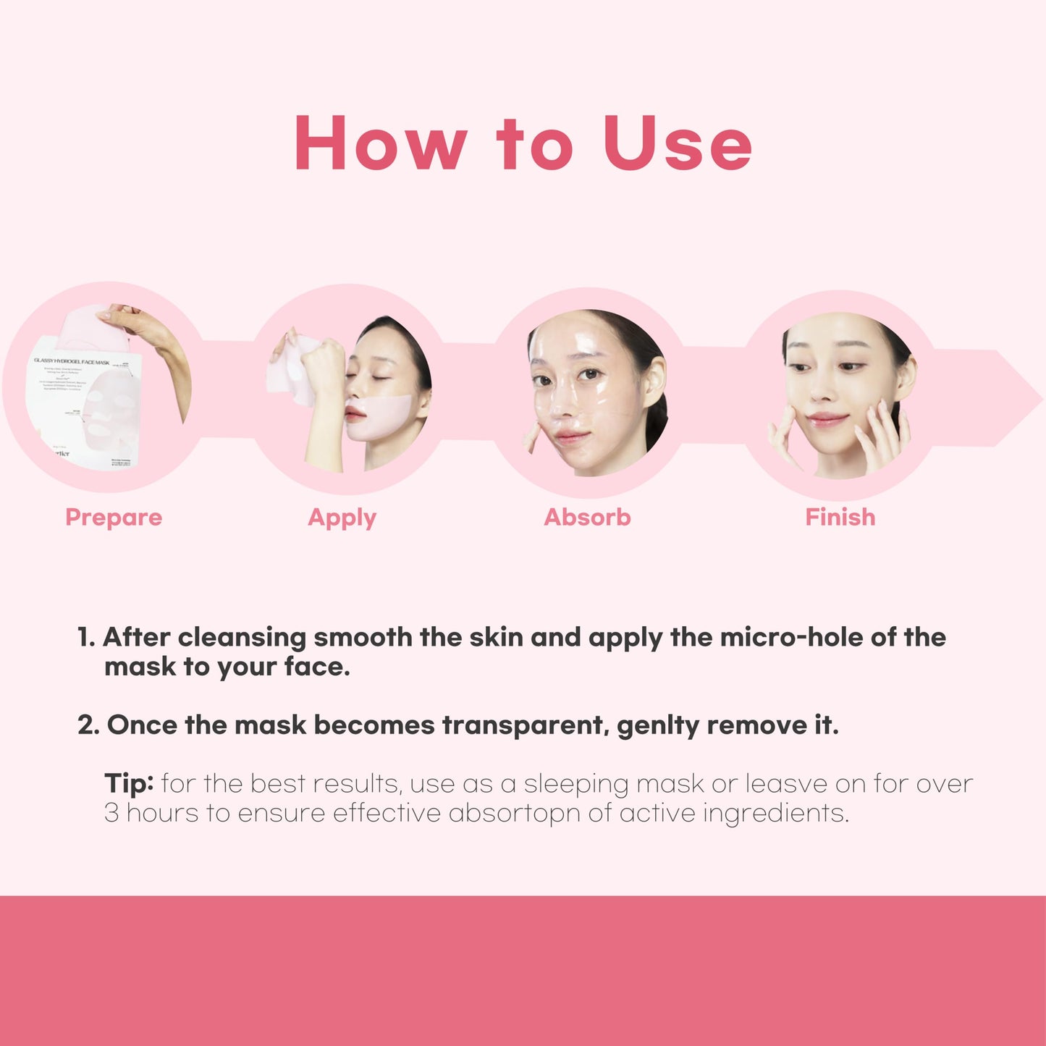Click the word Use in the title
point(678,143)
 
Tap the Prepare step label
point(114,518)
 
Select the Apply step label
point(342,518)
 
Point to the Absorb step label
point(587,518)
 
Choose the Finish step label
point(840,518)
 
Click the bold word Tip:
point(129,783)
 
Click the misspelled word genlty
point(657,725)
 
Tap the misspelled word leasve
point(786,783)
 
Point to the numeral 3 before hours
point(111,813)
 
